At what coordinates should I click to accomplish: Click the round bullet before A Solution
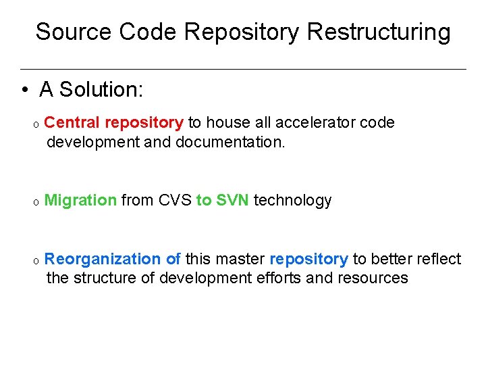pyautogui.click(x=24, y=90)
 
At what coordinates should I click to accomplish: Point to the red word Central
pyautogui.click(x=72, y=122)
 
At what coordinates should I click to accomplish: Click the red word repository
pyautogui.click(x=144, y=122)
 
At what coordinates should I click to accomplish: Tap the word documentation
pyautogui.click(x=231, y=142)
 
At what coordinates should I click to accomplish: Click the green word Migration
pyautogui.click(x=80, y=201)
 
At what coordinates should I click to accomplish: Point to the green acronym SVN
pyautogui.click(x=233, y=200)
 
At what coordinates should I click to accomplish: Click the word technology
pyautogui.click(x=292, y=201)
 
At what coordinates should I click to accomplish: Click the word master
pyautogui.click(x=241, y=259)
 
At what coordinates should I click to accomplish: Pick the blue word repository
pyautogui.click(x=308, y=259)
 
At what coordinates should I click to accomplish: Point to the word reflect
pyautogui.click(x=438, y=259)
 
